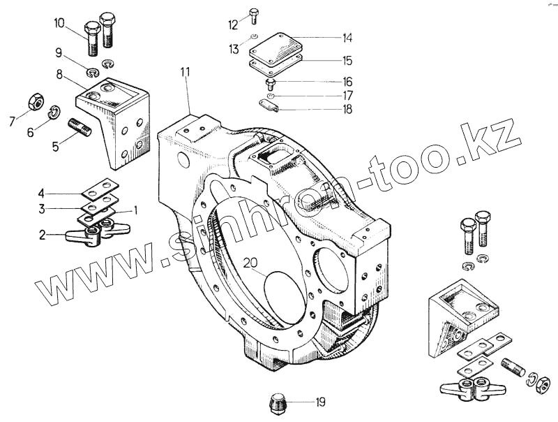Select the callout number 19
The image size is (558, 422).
click(x=319, y=402)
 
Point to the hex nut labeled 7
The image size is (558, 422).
click(x=33, y=102)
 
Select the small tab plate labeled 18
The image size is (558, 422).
click(x=269, y=105)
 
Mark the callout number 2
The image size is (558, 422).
click(x=43, y=235)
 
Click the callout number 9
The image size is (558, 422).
click(x=59, y=52)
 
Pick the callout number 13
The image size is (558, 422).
click(x=234, y=49)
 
